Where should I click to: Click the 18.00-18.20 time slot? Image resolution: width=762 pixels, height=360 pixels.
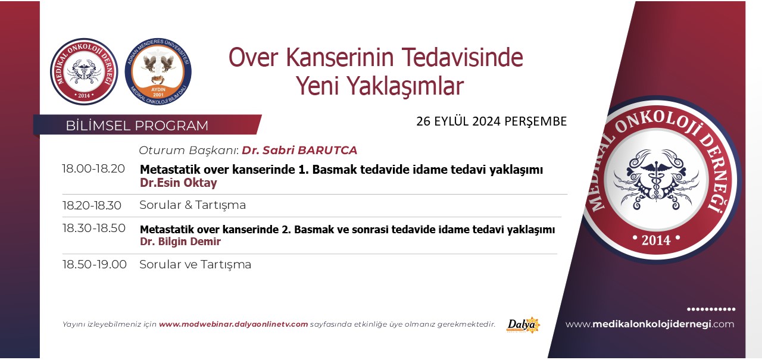tap(93, 168)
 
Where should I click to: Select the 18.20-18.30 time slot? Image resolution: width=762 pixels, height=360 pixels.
tap(92, 205)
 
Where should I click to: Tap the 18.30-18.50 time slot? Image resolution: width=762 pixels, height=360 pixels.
tap(94, 228)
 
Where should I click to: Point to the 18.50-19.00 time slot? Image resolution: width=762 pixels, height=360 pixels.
tap(95, 264)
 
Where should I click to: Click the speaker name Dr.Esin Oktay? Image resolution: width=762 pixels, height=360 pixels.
tap(179, 183)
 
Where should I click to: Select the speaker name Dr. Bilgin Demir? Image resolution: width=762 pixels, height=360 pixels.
tap(180, 242)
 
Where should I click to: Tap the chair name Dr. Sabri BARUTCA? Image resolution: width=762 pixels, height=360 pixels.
tap(299, 151)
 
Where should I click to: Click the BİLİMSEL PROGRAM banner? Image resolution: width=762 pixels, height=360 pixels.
tap(147, 125)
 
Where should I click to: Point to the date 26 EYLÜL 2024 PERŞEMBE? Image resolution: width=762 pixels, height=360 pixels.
tap(492, 121)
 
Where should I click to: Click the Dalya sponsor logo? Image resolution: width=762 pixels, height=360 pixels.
tap(523, 325)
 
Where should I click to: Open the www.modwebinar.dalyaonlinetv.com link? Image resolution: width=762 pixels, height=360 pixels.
tap(233, 324)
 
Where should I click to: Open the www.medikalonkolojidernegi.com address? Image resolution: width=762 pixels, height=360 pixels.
tap(649, 324)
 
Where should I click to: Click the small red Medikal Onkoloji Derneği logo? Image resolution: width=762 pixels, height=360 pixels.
tap(84, 71)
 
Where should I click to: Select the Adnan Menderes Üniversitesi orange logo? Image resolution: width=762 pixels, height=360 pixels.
tap(158, 71)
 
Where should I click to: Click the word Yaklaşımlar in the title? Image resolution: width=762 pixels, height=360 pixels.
tap(405, 86)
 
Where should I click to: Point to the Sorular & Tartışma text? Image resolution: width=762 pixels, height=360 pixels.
tap(192, 205)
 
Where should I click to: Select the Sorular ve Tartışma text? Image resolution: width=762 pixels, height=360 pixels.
tap(195, 264)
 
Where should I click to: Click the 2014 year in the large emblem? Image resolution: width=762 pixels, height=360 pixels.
tap(656, 240)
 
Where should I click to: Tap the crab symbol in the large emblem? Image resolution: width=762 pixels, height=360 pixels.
tap(656, 180)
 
